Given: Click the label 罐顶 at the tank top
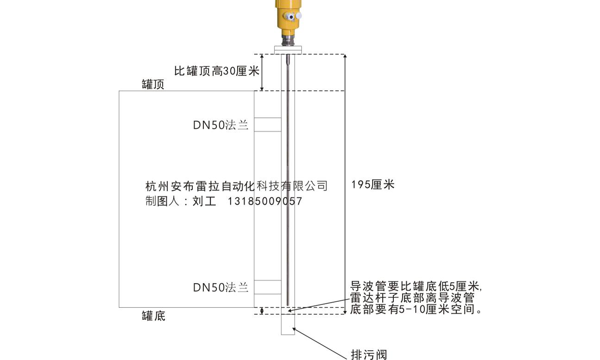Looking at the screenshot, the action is (x=153, y=85).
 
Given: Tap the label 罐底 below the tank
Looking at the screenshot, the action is (x=153, y=316).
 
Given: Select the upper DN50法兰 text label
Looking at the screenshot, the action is (x=220, y=125).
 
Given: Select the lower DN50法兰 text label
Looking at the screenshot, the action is (x=220, y=287).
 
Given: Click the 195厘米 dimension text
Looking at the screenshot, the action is (x=373, y=184).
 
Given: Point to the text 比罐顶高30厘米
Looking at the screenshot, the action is (x=217, y=71).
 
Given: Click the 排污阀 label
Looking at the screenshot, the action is (x=369, y=354).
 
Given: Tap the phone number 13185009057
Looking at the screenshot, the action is (x=265, y=201).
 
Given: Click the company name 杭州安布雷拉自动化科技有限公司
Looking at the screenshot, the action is (x=237, y=186).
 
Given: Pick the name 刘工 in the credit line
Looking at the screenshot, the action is (x=204, y=201).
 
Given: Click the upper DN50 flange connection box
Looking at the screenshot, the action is (x=268, y=125).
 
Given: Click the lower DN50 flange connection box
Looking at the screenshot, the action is (x=268, y=287).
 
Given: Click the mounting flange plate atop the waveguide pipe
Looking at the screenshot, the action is (x=288, y=50).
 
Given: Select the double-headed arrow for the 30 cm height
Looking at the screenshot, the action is (x=262, y=72).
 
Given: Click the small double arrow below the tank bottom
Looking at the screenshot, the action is (x=262, y=311).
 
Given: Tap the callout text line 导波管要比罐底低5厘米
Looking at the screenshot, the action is (x=416, y=286).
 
